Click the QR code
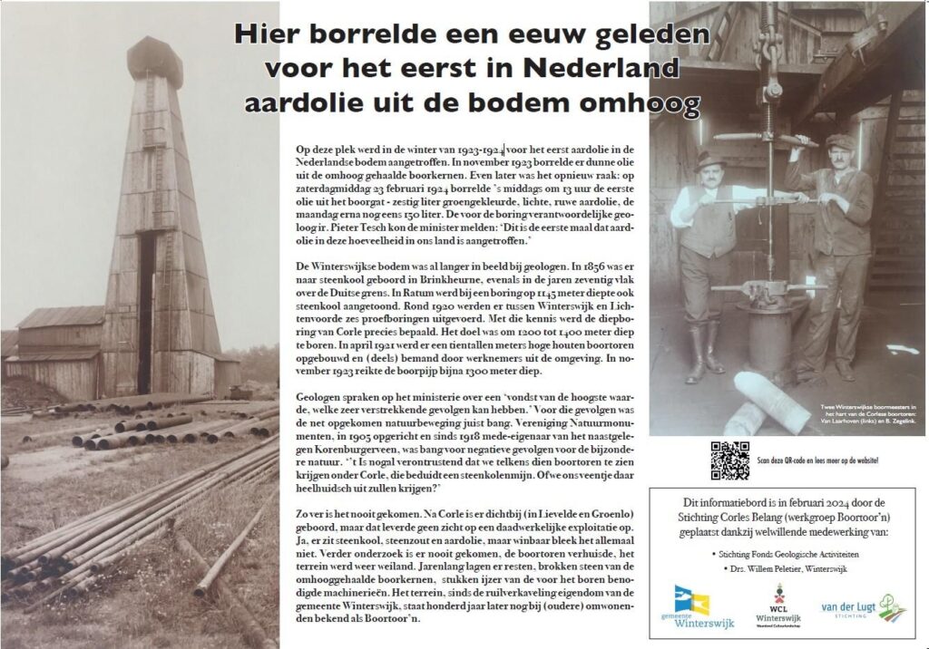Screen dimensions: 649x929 [729, 460]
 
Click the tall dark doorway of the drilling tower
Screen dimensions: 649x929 [145, 299]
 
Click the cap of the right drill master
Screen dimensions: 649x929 [840, 141]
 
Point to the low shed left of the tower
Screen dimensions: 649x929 [60, 349]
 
